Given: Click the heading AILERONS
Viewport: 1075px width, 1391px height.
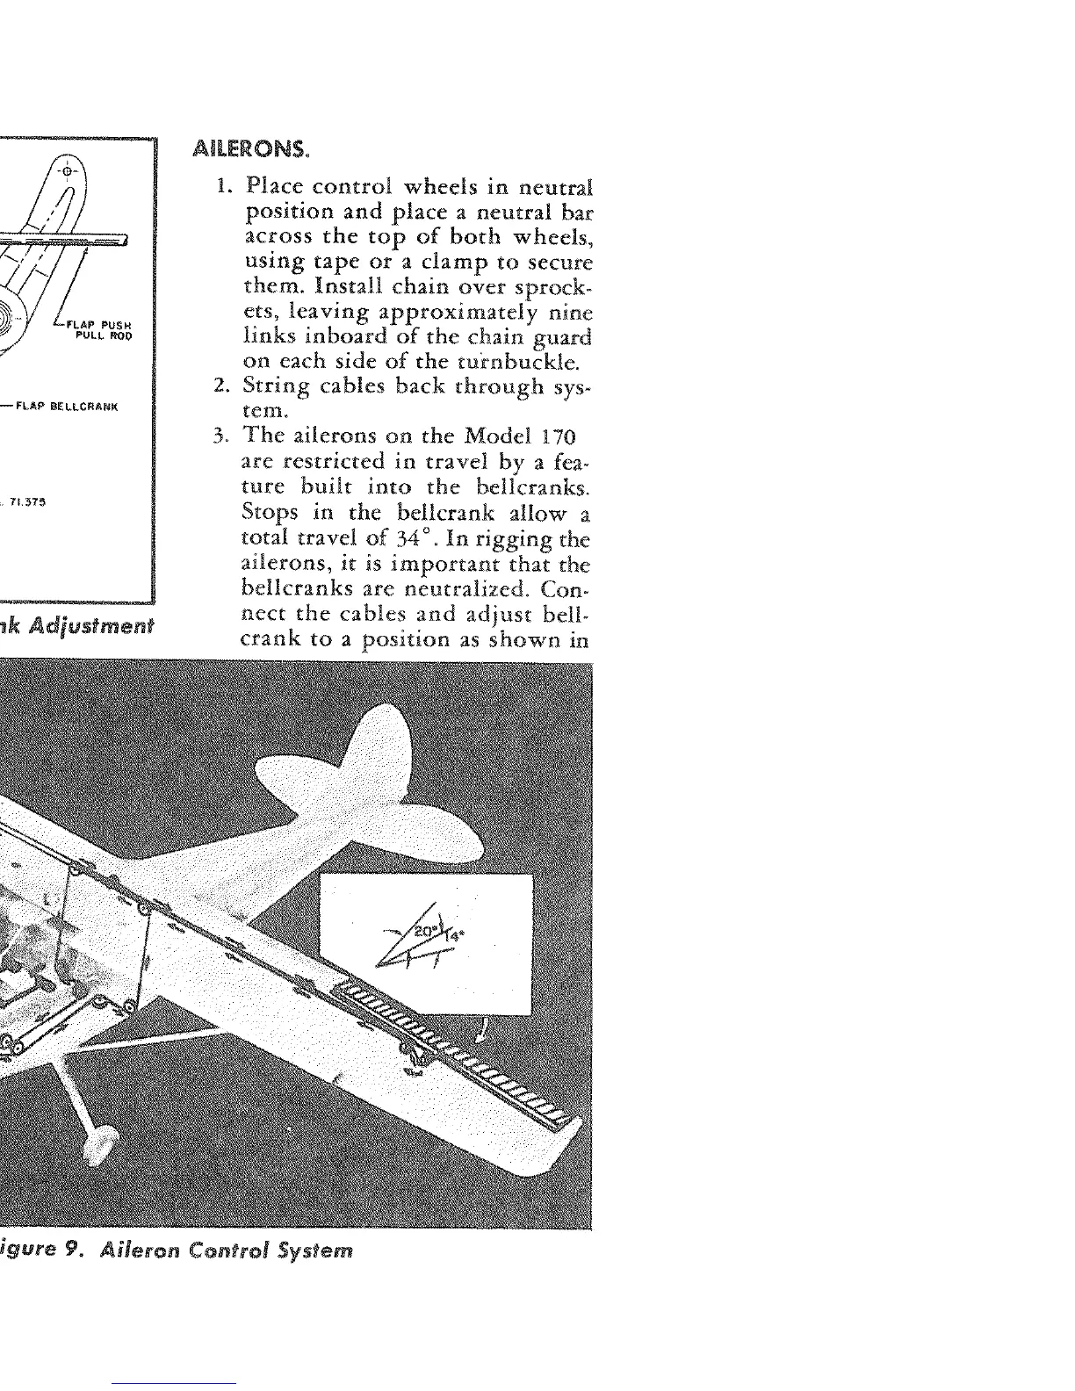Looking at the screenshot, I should coord(251,148).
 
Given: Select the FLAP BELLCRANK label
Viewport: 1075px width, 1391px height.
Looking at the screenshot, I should coord(78,407).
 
